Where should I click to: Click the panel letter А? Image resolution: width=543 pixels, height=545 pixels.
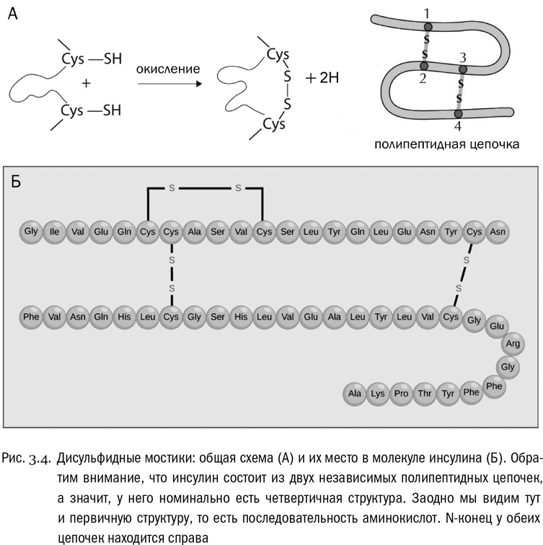coord(13,14)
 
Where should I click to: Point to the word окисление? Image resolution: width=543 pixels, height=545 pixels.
coord(167,70)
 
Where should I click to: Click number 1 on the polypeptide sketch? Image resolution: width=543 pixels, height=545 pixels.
coord(427,12)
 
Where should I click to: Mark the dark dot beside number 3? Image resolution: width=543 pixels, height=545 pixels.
coord(463,69)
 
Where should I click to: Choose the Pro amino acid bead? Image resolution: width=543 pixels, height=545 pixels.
coord(402,393)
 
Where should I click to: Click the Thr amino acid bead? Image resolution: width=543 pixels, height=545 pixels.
coord(425,393)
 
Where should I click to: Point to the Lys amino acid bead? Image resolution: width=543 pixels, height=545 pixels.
coord(378,393)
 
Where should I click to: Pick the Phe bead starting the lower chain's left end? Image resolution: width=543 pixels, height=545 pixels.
coord(30,316)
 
